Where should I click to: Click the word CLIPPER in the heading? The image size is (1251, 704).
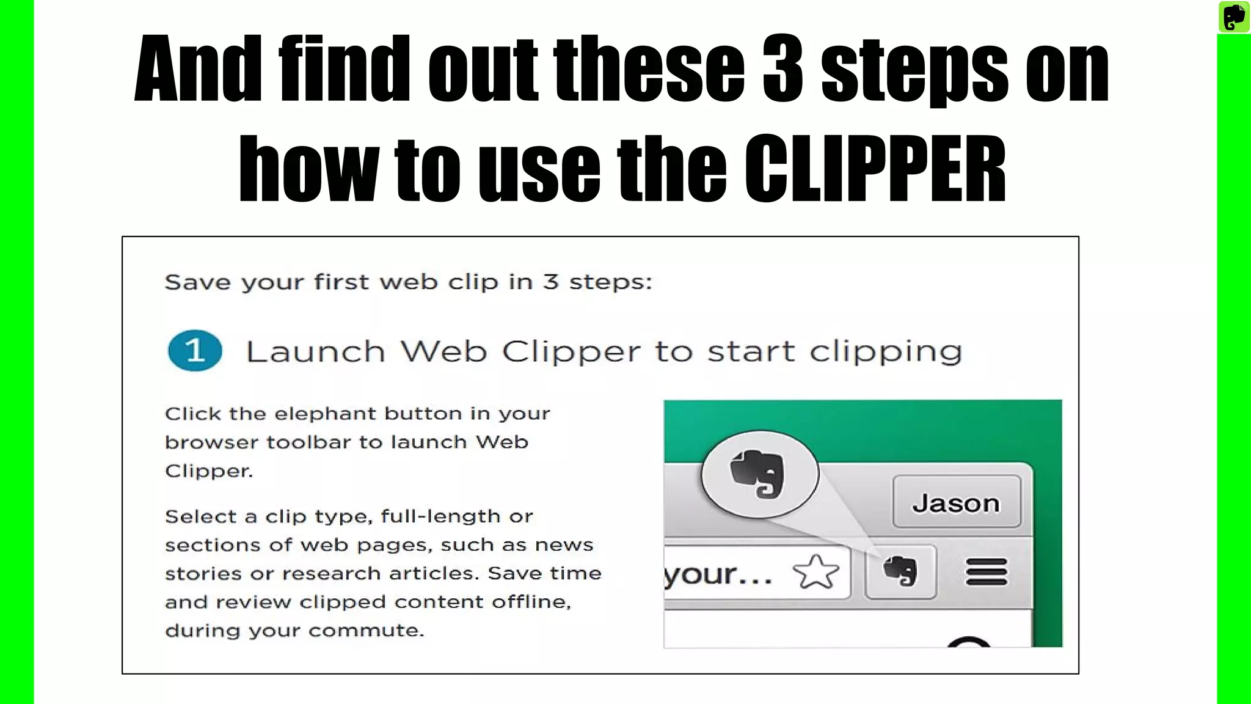pyautogui.click(x=875, y=169)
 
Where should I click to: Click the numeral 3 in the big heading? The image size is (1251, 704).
pyautogui.click(x=782, y=68)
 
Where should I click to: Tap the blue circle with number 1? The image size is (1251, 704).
pyautogui.click(x=195, y=351)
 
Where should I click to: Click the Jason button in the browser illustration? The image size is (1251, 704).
pyautogui.click(x=956, y=502)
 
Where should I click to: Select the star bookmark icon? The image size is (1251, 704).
pyautogui.click(x=816, y=573)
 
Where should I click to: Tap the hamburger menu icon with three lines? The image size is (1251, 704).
pyautogui.click(x=986, y=573)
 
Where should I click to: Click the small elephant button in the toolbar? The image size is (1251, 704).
pyautogui.click(x=900, y=571)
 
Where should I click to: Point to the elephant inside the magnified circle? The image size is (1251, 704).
pyautogui.click(x=757, y=474)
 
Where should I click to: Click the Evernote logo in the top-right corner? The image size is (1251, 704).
pyautogui.click(x=1233, y=16)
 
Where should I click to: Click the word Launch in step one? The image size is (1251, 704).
pyautogui.click(x=315, y=352)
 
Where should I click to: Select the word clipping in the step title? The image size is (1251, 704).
pyautogui.click(x=886, y=352)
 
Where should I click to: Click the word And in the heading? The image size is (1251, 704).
pyautogui.click(x=198, y=68)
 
